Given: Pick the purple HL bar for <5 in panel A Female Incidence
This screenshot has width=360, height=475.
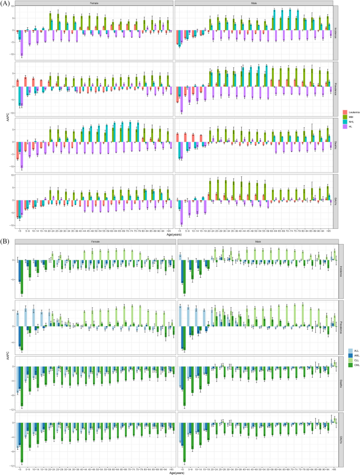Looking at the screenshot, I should (x=22, y=43).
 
